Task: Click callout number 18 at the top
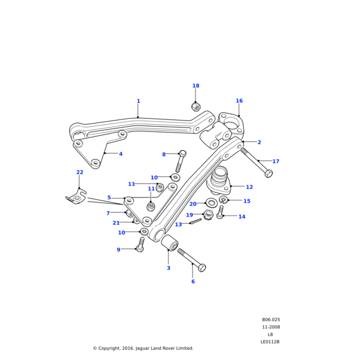point(196,86)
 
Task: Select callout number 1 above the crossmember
point(138,101)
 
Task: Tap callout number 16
point(239,101)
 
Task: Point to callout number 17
point(275,161)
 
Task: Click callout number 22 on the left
point(79,172)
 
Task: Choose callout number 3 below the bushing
point(169,268)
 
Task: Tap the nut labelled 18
point(196,107)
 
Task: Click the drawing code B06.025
point(271,320)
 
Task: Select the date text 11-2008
point(271,327)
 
